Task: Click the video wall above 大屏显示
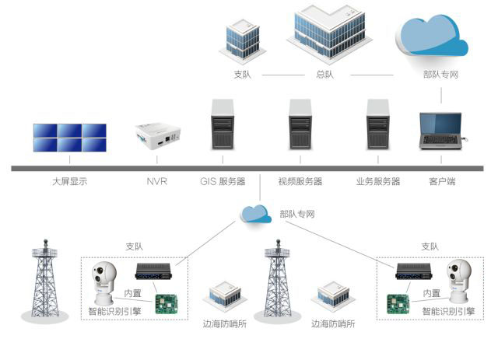pos(69,138)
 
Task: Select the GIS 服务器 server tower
pos(223,124)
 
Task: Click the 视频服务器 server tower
pos(300,124)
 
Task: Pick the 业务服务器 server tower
pos(378,124)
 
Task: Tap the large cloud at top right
pos(433,36)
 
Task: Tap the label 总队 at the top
pos(324,75)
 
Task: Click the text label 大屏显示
pos(69,181)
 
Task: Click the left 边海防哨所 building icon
pos(225,296)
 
